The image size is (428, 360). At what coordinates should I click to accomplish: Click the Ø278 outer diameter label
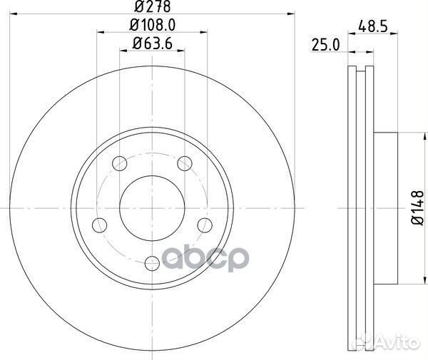152,8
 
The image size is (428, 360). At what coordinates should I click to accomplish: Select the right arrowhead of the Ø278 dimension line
290,14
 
